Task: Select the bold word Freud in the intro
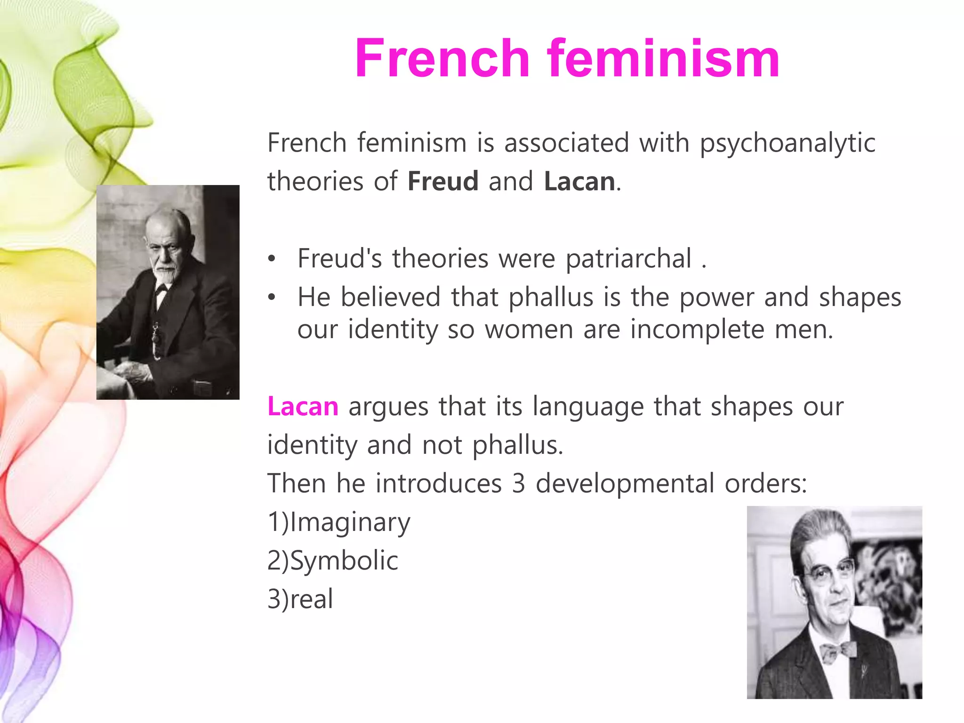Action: coord(443,182)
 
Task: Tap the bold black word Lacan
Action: coord(579,182)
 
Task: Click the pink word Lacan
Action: coord(303,406)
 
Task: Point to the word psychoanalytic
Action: coord(787,144)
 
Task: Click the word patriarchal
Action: coord(628,259)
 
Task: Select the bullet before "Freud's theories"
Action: coord(272,259)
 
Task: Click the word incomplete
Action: coord(697,329)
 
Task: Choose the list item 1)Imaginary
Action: coord(339,522)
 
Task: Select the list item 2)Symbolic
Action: coord(333,561)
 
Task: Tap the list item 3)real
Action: coord(300,599)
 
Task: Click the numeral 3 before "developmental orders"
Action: coord(518,484)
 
